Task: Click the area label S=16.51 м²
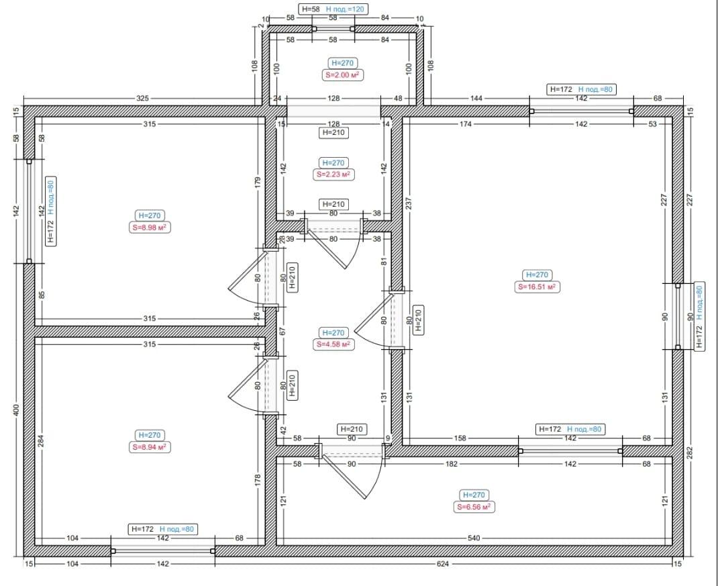point(537,287)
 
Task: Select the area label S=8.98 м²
point(149,228)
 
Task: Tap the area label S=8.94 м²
point(149,447)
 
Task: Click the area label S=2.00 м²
point(342,75)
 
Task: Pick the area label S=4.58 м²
point(333,344)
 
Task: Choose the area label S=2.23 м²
point(333,175)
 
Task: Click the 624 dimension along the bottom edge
point(442,563)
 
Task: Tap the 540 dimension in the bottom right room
point(474,538)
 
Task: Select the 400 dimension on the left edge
point(17,410)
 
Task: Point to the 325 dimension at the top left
point(143,98)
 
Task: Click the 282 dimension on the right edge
point(690,452)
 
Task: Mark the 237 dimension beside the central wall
point(409,203)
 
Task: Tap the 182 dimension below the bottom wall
point(452,464)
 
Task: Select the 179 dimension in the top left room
point(258,183)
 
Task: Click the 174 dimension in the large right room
point(465,124)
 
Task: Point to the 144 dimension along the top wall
point(476,98)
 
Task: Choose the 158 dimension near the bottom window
point(460,438)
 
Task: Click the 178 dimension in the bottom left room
point(258,481)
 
